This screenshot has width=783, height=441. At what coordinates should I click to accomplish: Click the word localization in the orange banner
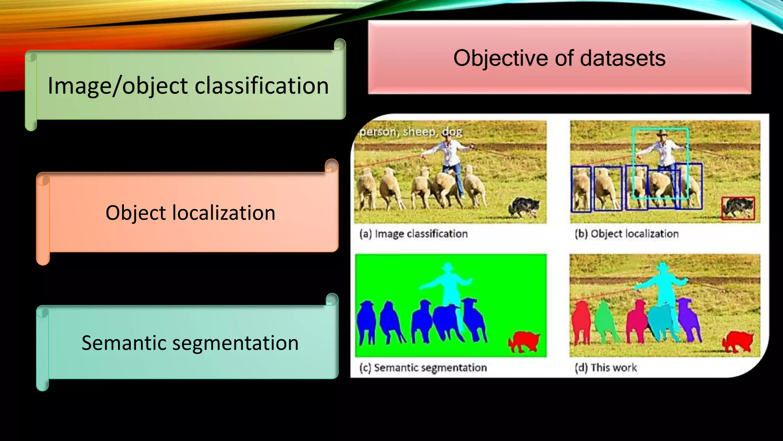coord(224,213)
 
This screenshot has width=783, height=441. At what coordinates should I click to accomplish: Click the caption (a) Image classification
coord(413,234)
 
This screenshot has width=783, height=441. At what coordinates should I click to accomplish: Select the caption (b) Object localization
coord(626,234)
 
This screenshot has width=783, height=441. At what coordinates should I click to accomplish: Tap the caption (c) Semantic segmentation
coord(423,367)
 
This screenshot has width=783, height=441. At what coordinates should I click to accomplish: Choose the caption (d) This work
coord(606,367)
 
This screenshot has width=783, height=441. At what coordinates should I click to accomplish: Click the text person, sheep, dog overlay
coord(411,132)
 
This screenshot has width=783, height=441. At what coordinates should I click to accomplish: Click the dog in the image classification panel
coord(524,207)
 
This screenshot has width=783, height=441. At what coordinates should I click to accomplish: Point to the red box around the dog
coord(738,208)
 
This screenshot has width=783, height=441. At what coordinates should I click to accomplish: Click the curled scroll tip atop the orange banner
coord(331,166)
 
